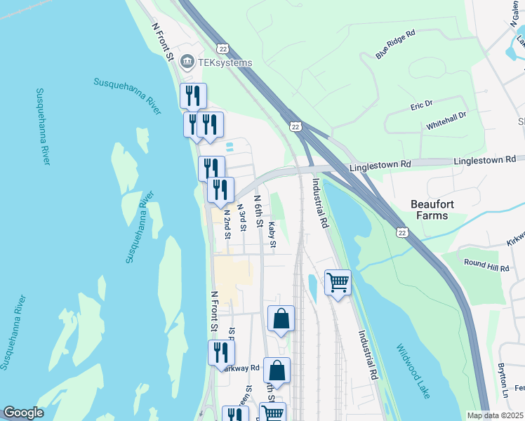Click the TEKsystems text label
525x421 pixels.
coord(225,62)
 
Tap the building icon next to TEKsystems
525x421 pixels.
coord(187,62)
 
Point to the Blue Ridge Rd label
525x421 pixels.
coord(396,44)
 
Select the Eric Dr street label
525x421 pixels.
coord(421,105)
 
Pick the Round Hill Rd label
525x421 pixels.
coord(486,265)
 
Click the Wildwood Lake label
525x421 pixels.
coord(412,371)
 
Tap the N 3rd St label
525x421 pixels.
coord(241,218)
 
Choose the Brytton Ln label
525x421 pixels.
coord(503,379)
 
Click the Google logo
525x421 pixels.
coord(22,413)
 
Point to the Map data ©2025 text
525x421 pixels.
coord(495,415)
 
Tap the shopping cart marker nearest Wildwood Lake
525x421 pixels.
coord(338,282)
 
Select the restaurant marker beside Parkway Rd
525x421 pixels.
coord(221,352)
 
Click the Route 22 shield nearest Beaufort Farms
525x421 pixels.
coord(401,232)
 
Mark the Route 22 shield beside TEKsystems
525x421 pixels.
coord(222,47)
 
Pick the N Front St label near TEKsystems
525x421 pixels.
coord(164,41)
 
